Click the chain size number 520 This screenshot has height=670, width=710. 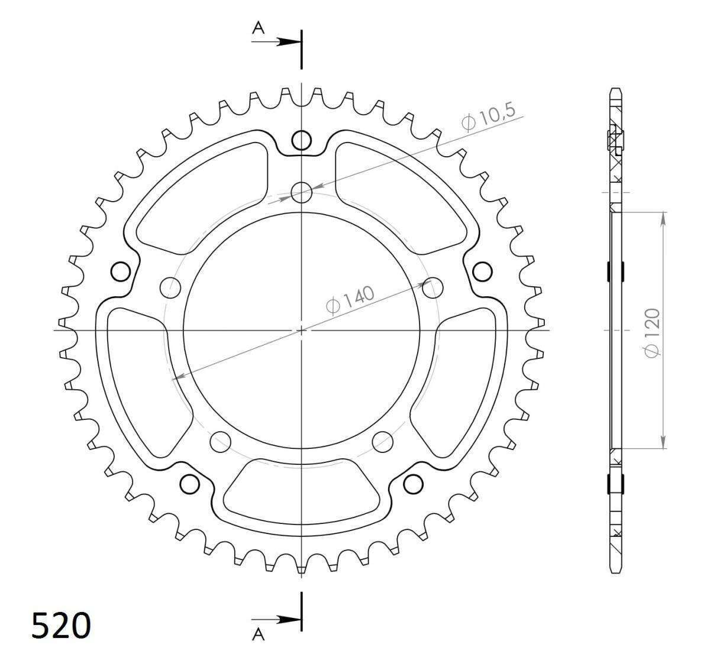pyautogui.click(x=61, y=625)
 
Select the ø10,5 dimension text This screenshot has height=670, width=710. pyautogui.click(x=489, y=116)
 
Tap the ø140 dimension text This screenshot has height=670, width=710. pyautogui.click(x=350, y=299)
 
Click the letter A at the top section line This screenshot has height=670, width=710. pyautogui.click(x=258, y=28)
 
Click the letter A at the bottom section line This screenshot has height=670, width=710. pyautogui.click(x=258, y=643)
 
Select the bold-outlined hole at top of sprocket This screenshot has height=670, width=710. pyautogui.click(x=301, y=140)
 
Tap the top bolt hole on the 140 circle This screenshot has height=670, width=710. pyautogui.click(x=301, y=193)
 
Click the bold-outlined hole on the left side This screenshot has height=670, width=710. pyautogui.click(x=121, y=271)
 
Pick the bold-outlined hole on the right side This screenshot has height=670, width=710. pyautogui.click(x=482, y=271)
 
